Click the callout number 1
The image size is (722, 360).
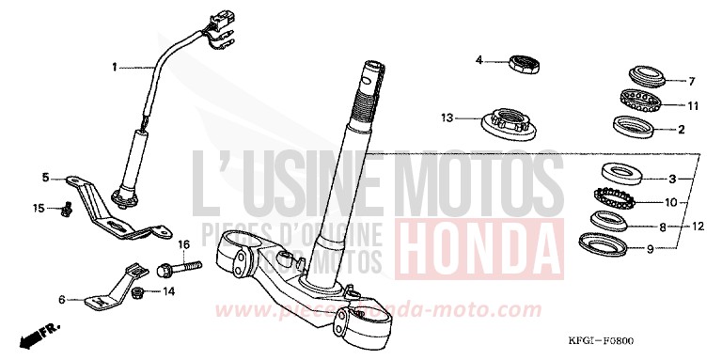116,67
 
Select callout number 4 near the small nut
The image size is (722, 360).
479,61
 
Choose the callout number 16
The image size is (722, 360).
184,243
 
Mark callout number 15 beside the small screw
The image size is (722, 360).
39,208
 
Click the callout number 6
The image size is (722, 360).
62,300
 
